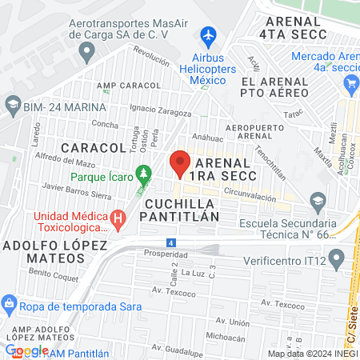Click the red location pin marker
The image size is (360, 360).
point(179,164)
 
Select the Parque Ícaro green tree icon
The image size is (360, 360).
point(144,172)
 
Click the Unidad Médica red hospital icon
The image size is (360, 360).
point(119,217)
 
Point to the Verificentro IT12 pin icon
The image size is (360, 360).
point(336,258)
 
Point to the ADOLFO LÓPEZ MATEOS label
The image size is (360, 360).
point(42,251)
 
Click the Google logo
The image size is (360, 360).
point(26,350)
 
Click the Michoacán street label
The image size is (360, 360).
point(224,336)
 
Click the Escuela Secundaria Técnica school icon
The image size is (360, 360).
point(318,199)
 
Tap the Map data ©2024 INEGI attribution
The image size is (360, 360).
point(312,353)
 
